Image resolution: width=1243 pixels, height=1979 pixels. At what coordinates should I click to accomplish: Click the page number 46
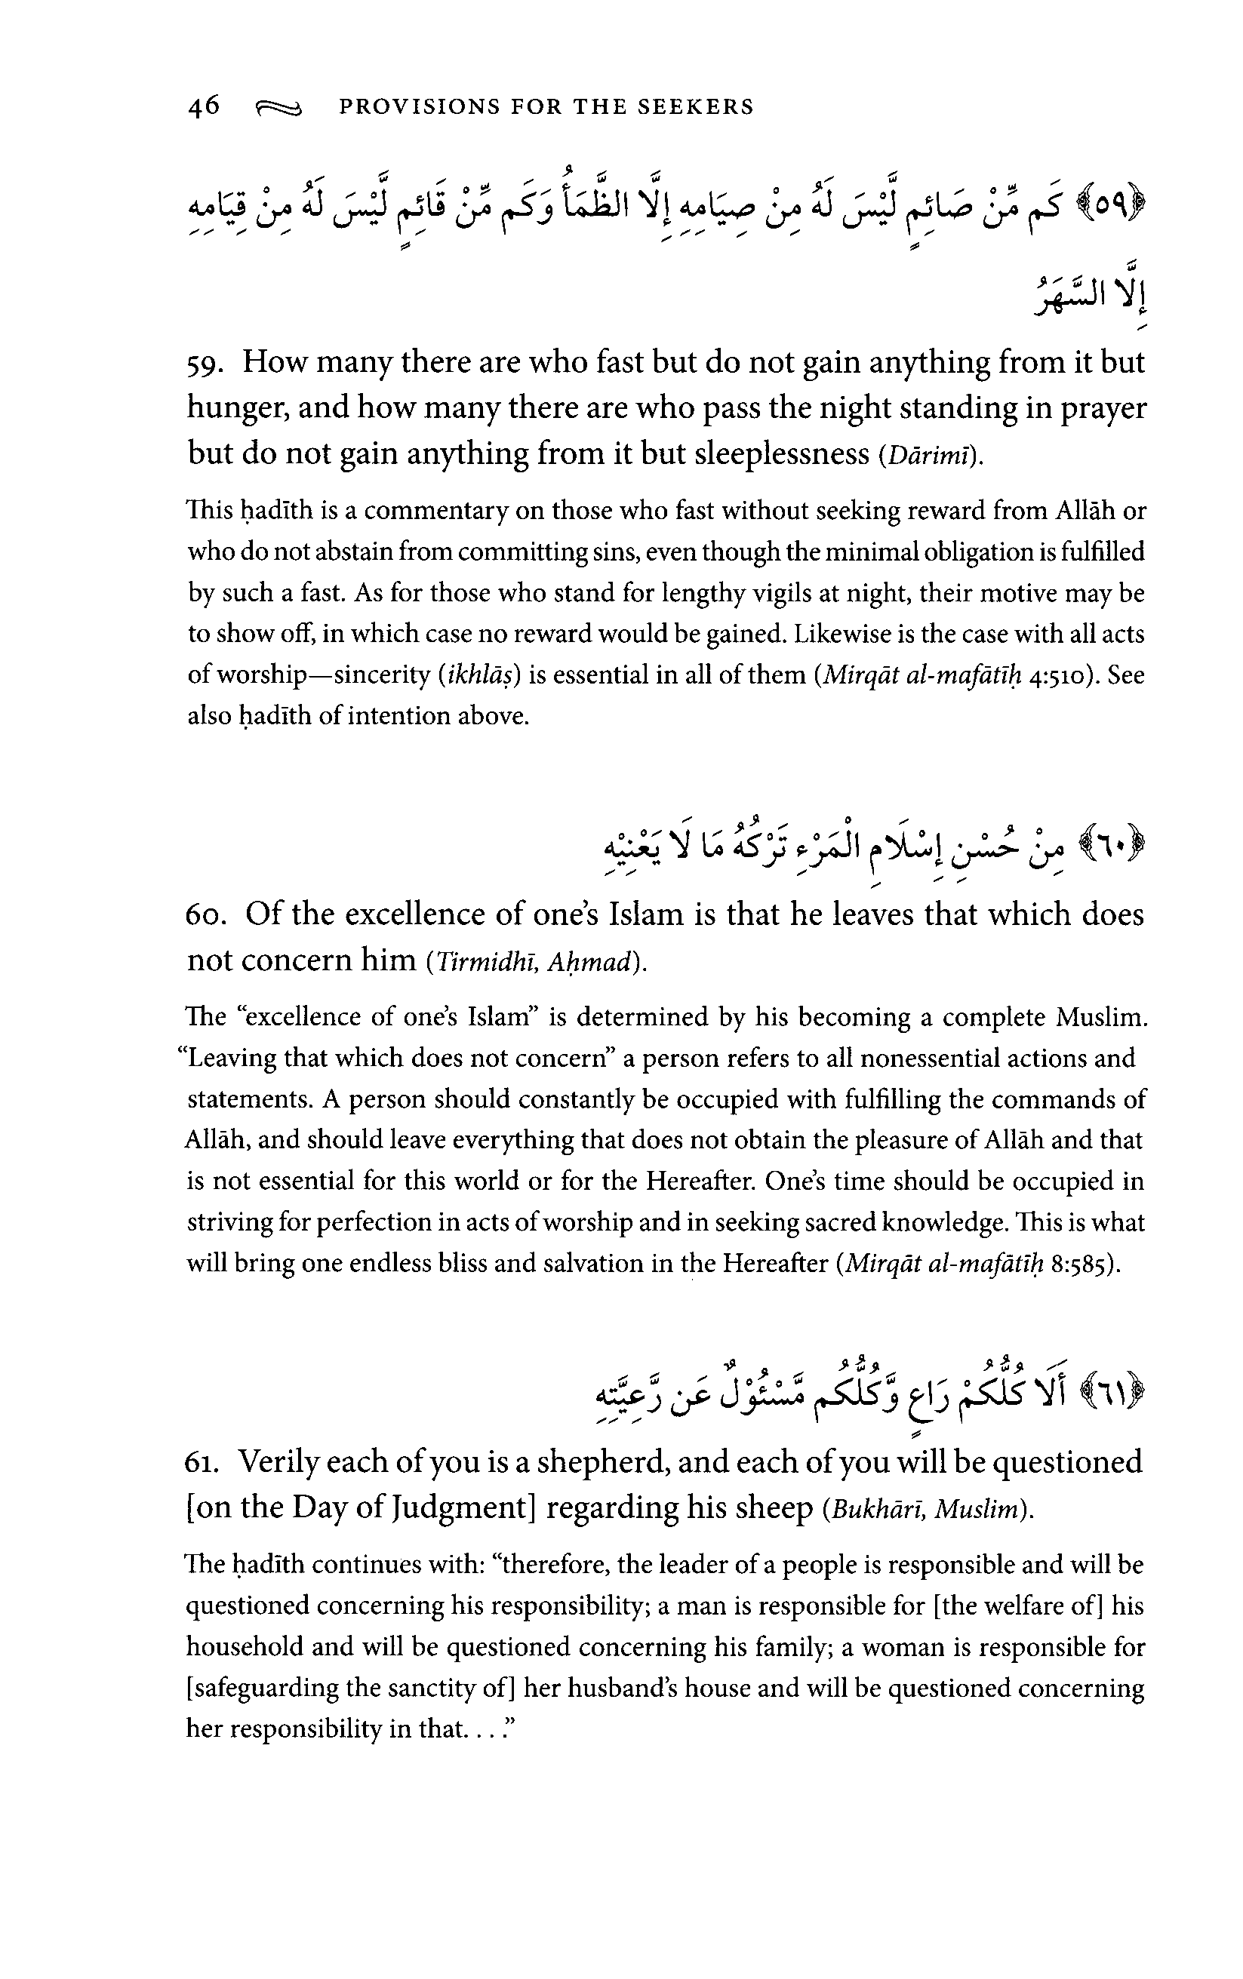(x=203, y=106)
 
